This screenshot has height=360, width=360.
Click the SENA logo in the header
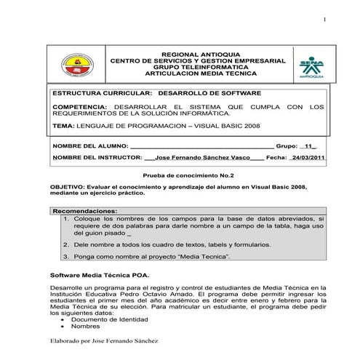pos(312,65)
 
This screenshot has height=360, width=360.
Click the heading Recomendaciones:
pos(86,211)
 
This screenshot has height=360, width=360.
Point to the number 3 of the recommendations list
pos(65,257)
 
